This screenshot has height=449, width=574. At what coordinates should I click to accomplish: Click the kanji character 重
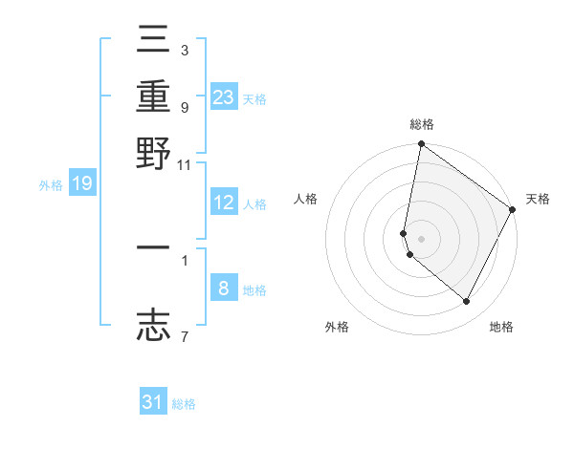pos(154,96)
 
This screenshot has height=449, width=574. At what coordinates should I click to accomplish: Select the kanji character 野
pos(154,153)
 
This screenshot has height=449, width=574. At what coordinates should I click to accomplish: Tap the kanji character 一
pos(154,248)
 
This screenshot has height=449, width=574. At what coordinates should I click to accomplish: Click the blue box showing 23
pos(224,96)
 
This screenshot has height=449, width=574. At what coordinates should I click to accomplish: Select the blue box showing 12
pos(224,203)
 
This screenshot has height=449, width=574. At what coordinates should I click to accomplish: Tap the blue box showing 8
pos(224,289)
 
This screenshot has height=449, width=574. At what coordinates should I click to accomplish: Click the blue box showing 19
pos(81,183)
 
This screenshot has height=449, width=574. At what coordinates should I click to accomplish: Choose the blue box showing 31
pos(153,402)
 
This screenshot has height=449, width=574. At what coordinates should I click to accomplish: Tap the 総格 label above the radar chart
pos(421,125)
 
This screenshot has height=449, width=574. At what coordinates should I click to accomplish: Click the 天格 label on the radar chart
pos(538,199)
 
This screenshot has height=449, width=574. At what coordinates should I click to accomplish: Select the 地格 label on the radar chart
pos(501,327)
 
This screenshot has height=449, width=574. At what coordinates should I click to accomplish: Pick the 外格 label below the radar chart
pos(337,327)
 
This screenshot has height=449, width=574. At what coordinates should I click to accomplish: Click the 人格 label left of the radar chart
pos(306,199)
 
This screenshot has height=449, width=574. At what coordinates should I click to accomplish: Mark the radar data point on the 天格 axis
pos(514,210)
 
